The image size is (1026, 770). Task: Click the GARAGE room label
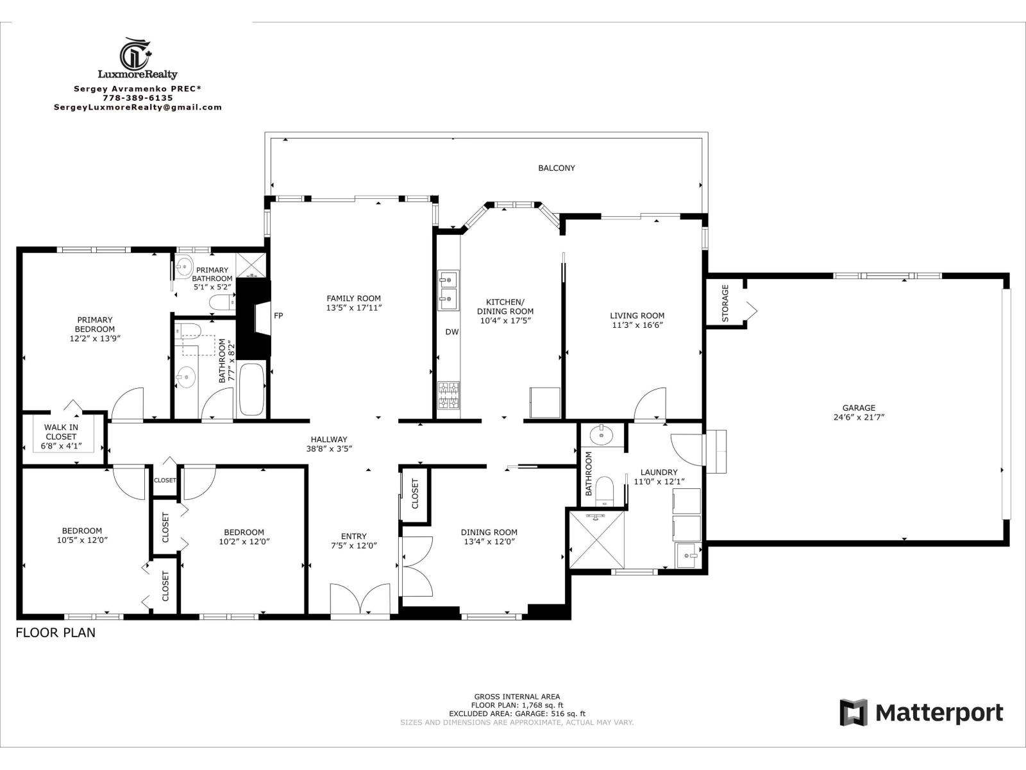859,407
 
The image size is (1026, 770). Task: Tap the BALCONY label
556,168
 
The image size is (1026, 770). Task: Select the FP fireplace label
278,316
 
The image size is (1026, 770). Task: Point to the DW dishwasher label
452,332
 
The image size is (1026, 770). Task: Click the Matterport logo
921,713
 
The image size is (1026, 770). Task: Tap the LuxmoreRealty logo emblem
137,53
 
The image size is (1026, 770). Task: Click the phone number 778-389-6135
138,98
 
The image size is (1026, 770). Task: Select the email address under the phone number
138,108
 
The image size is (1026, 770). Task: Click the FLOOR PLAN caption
55,633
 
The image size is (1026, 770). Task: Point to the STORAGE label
725,303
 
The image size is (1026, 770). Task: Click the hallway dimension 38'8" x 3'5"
329,449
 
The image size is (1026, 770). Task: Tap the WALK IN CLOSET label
61,436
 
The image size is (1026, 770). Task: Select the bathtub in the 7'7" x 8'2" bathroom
251,390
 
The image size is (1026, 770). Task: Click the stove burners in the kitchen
448,395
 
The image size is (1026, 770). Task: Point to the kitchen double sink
448,290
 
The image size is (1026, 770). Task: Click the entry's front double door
360,601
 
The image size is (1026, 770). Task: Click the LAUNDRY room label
659,472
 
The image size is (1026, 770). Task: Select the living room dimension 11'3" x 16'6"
637,325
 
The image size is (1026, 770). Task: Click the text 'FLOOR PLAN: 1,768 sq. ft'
517,705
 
